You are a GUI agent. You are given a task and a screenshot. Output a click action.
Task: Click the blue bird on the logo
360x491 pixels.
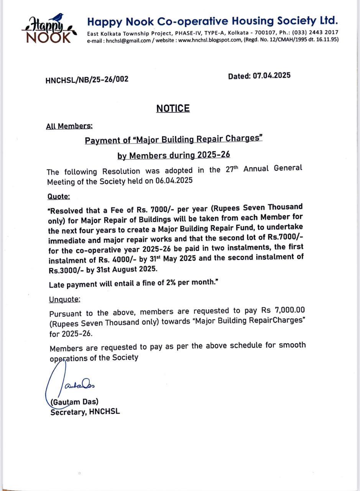tap(58, 17)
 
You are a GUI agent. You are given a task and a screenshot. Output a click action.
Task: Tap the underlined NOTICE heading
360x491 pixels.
tap(173, 109)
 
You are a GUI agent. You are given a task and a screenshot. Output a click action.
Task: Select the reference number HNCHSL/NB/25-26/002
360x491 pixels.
tap(87, 80)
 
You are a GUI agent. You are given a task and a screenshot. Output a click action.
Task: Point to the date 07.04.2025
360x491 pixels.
tap(271, 76)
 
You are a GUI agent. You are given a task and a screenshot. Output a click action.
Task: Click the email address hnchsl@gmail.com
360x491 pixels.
tap(128, 41)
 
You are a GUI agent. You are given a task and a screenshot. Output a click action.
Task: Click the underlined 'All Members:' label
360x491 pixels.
tap(69, 126)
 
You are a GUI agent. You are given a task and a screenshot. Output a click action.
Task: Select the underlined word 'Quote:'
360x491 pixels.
tap(59, 196)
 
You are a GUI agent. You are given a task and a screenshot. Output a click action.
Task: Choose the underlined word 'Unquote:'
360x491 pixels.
tap(65, 299)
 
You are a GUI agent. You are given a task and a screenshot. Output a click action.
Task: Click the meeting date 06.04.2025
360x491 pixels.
tap(174, 180)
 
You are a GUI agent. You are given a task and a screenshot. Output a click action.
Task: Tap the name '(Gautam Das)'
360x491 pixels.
tap(74, 402)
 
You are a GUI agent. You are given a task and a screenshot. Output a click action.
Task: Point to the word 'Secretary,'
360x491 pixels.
tap(69, 412)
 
